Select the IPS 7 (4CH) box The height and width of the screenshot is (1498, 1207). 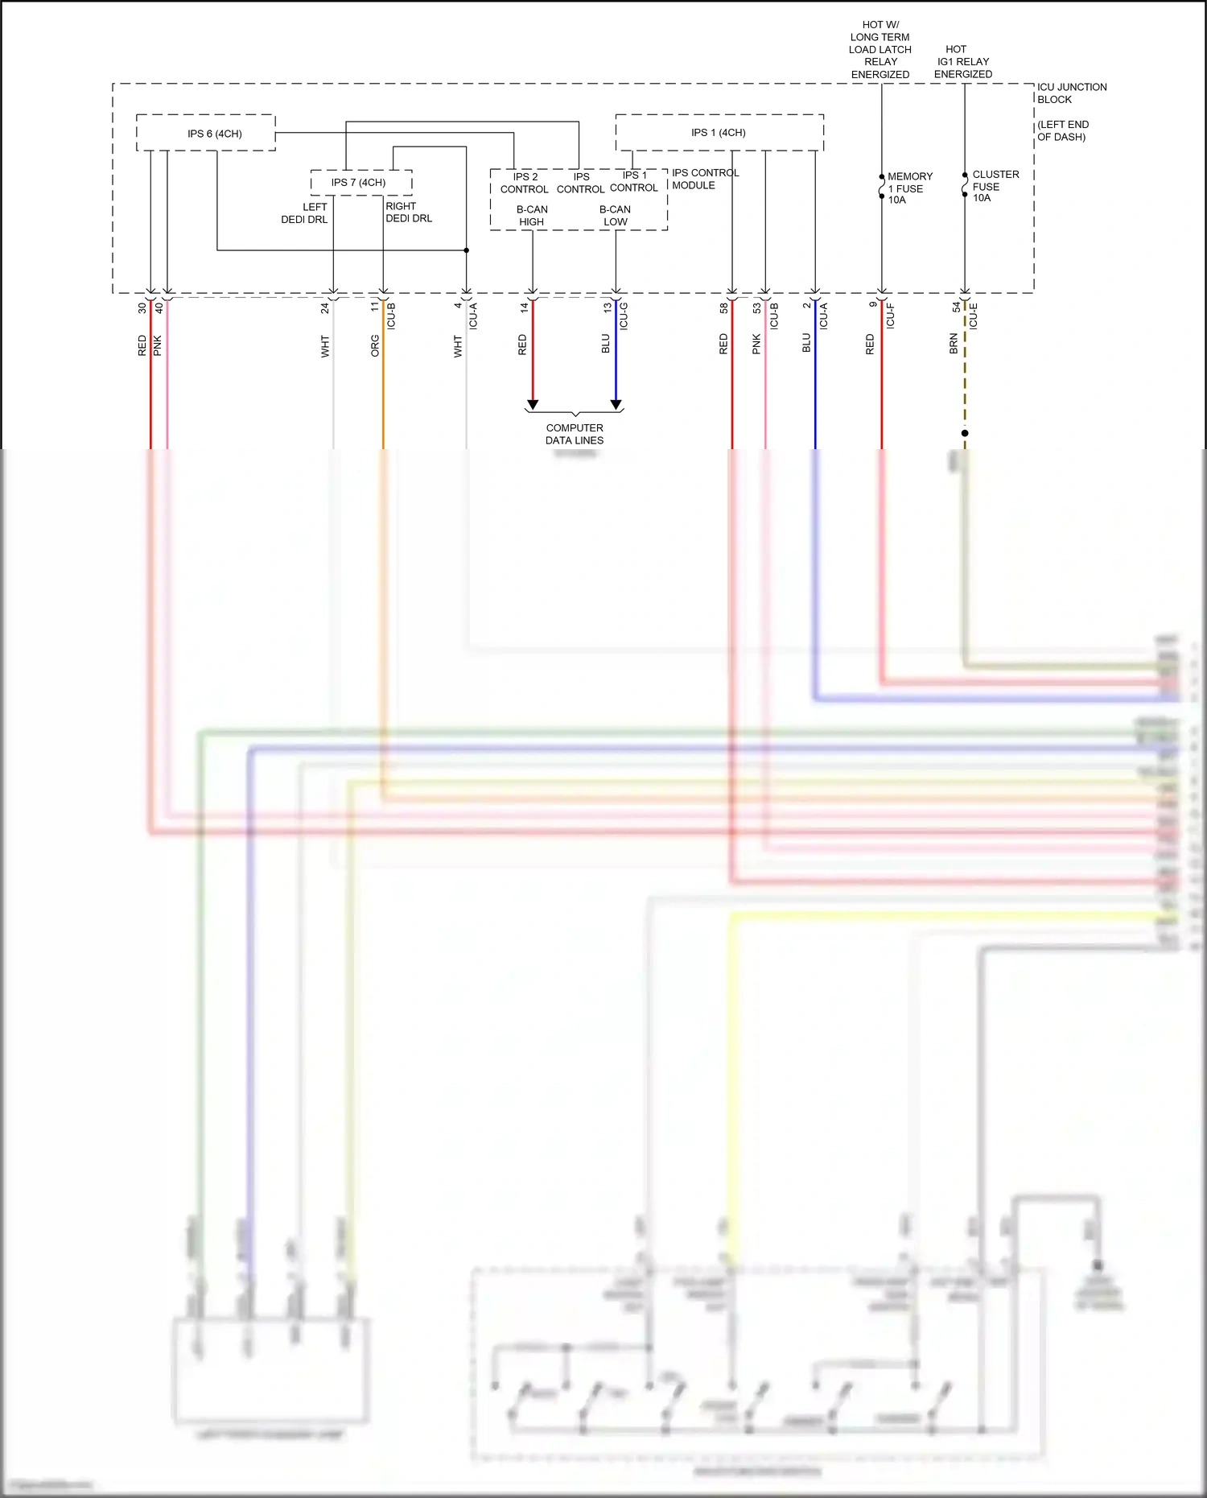pos(360,183)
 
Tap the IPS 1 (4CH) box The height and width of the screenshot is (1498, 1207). pos(719,133)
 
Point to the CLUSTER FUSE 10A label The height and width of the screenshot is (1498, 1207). pos(995,186)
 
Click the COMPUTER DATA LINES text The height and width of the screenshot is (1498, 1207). pos(574,434)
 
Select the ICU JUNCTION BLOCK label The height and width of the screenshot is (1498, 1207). pos(1071,93)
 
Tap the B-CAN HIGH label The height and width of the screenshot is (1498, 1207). pos(532,216)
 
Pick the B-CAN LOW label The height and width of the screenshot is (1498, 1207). pos(615,216)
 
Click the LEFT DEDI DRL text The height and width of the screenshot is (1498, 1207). pos(305,213)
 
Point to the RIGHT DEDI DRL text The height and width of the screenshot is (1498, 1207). pos(408,213)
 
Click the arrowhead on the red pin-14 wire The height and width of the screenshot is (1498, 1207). pos(532,404)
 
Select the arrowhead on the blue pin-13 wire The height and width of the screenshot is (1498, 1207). pos(616,404)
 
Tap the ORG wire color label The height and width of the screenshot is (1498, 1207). pos(375,346)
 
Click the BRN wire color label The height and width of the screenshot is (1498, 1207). pos(954,344)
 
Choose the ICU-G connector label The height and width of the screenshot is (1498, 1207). pos(624,316)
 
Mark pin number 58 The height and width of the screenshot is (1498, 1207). pos(723,307)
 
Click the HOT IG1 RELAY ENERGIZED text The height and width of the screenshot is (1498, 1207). pos(963,62)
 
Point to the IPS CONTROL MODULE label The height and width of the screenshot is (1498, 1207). pos(705,179)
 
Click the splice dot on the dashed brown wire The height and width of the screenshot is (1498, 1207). pos(965,433)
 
